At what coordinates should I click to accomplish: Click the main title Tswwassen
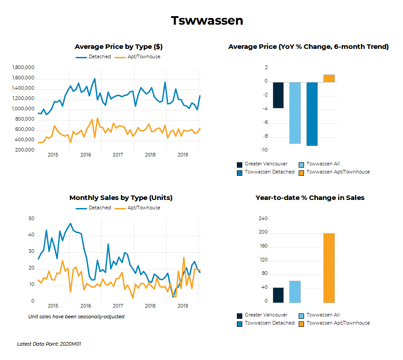207,21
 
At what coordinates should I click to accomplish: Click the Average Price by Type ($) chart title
118,47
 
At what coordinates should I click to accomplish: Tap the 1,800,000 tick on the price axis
23,68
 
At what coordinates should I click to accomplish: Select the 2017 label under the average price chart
118,155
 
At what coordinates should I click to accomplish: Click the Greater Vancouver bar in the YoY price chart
278,95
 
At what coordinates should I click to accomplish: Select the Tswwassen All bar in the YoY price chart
295,113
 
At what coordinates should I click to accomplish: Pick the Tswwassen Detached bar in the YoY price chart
312,114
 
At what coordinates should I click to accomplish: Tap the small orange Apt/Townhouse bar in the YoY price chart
329,78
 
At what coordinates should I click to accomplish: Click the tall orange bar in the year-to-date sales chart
329,268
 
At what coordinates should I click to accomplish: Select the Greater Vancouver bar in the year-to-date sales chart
278,295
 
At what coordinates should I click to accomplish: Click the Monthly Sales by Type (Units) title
121,198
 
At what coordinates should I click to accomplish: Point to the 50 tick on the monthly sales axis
31,219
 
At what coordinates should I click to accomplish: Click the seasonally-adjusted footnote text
76,317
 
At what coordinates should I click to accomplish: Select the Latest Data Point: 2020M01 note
49,344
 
